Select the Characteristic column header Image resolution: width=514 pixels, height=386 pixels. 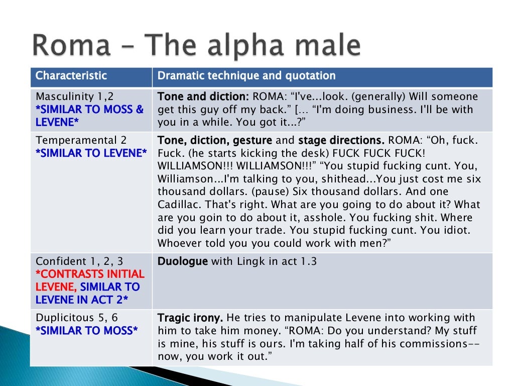point(71,76)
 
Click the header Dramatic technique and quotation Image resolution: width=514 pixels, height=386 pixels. point(246,76)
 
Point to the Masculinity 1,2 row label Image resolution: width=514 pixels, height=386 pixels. point(72,96)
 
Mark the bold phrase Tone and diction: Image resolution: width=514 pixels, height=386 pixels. point(203,96)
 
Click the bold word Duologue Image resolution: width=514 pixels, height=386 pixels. point(183,261)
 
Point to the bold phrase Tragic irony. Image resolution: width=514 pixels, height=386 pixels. point(190,318)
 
